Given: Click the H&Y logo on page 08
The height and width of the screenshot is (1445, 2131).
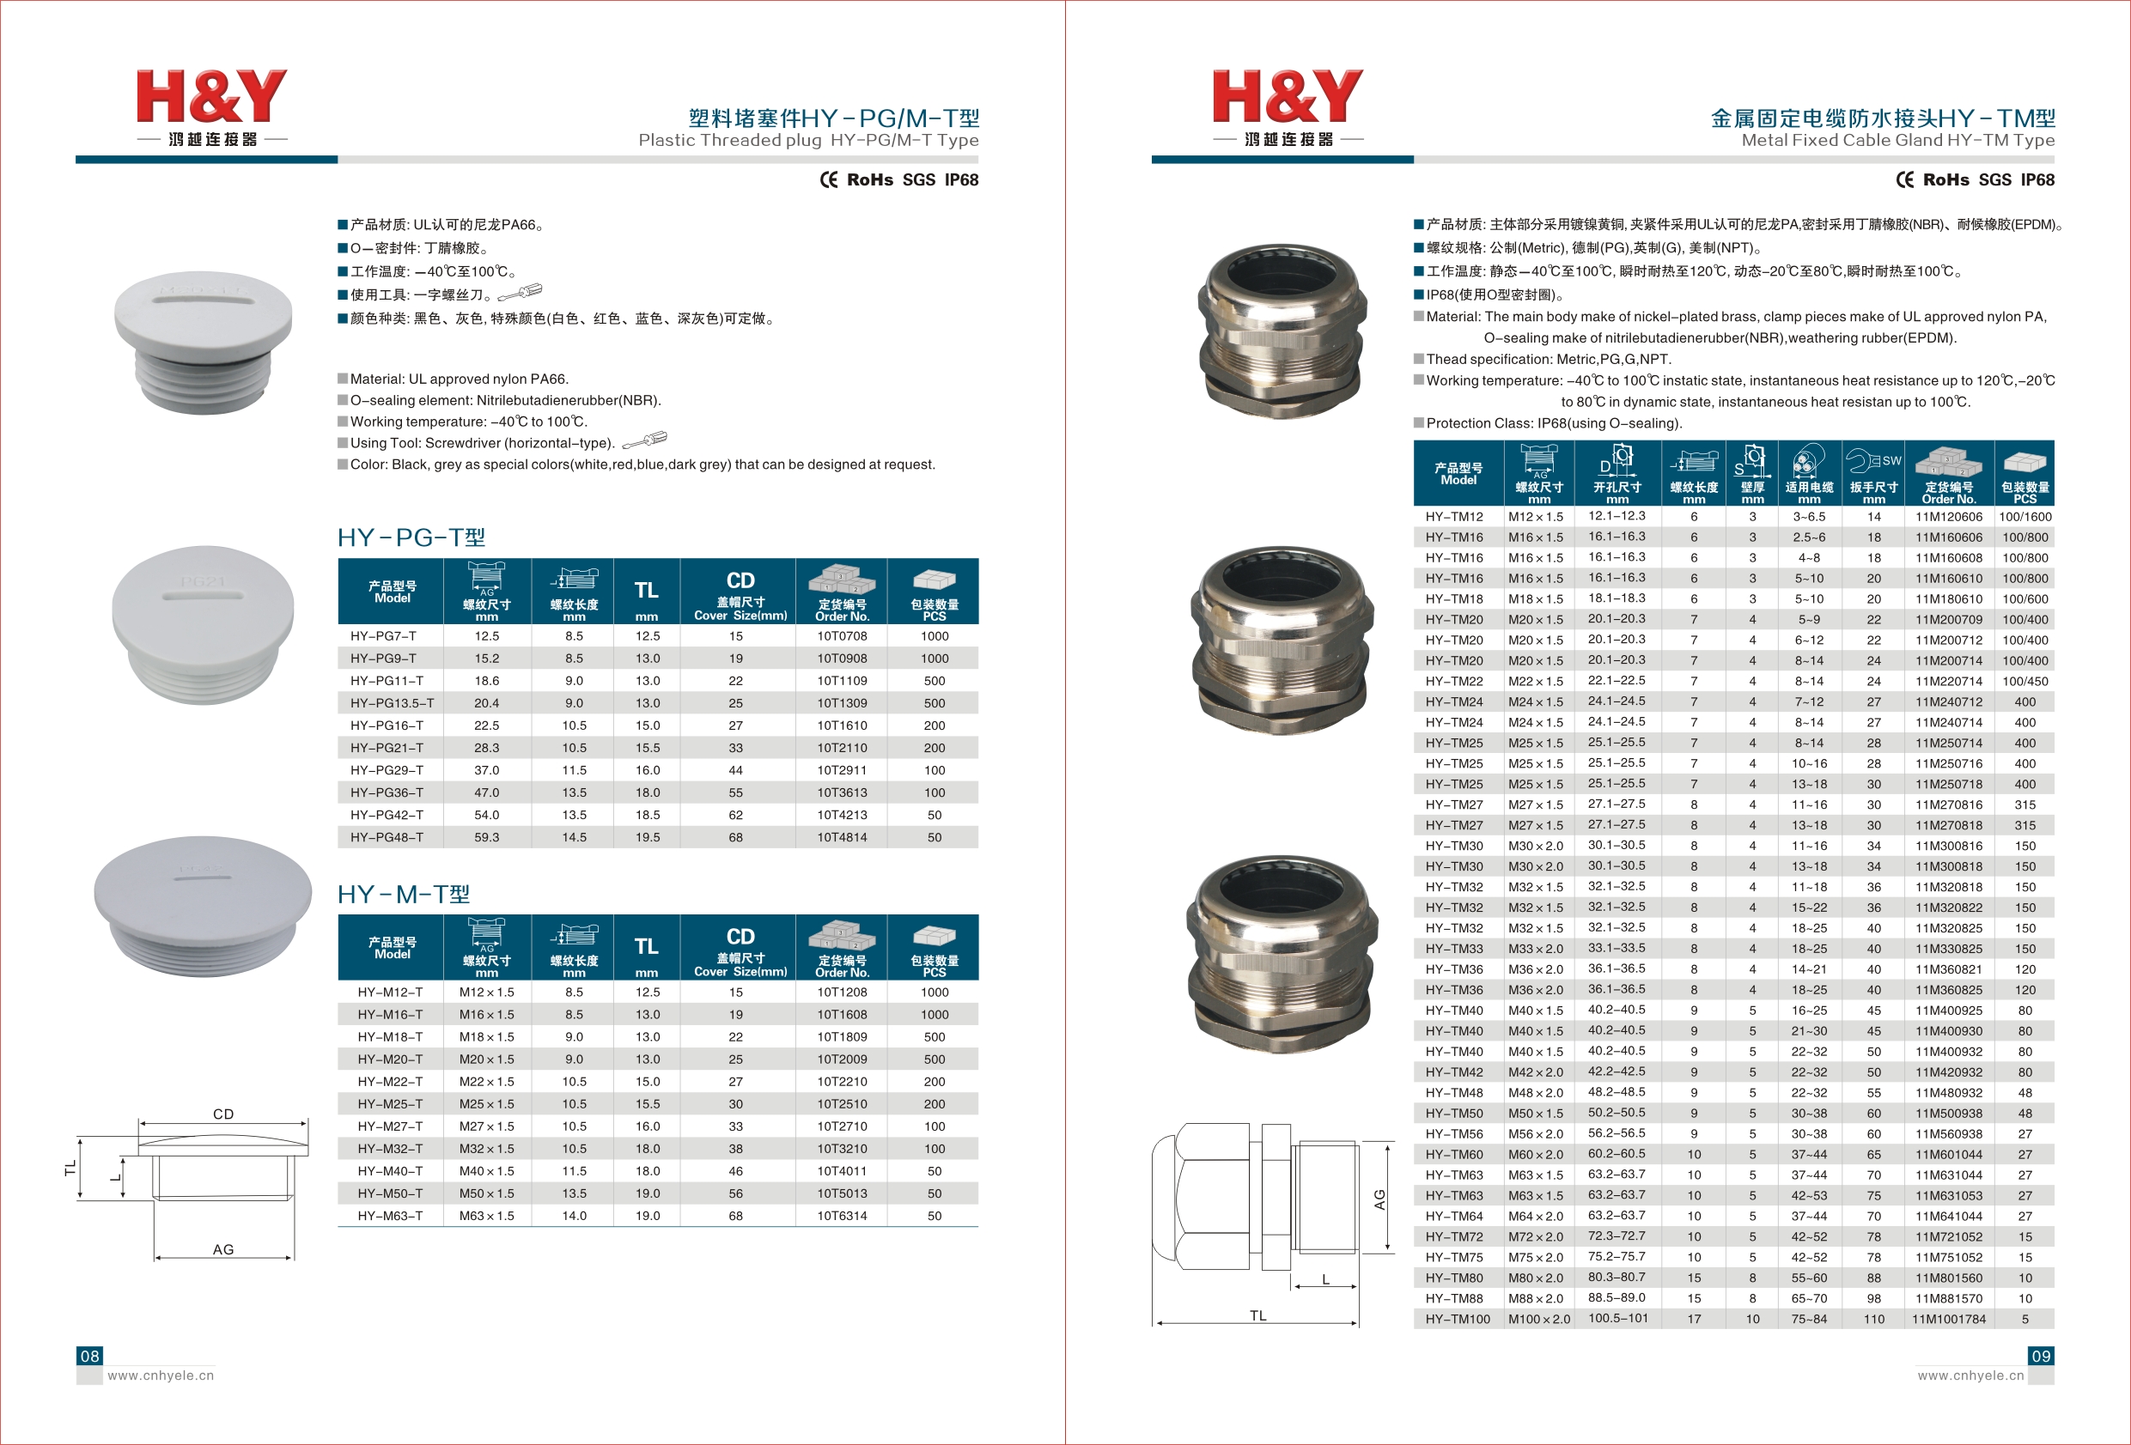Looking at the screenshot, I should click(212, 106).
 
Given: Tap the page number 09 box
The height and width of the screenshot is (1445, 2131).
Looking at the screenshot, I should click(2040, 1355).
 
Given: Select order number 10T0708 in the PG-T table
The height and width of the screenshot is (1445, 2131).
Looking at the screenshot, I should click(842, 635).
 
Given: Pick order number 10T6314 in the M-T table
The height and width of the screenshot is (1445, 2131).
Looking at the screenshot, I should click(842, 1216).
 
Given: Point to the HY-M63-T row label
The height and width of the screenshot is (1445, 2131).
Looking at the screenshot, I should click(390, 1216).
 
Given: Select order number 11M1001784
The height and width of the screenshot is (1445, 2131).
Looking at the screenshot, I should click(1949, 1320).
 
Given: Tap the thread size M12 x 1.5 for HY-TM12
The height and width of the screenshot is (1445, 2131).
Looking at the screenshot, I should click(1535, 517).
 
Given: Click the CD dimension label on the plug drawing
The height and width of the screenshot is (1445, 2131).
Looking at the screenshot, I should click(222, 1114).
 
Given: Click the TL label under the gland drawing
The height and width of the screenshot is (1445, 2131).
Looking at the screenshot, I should click(1257, 1315).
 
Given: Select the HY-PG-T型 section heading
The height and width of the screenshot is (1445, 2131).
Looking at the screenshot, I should click(411, 537).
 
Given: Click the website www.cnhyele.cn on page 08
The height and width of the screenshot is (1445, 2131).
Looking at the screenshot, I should click(161, 1375).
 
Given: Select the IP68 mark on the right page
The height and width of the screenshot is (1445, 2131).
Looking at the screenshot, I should click(2037, 179).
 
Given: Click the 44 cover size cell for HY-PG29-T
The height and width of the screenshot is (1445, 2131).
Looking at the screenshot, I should click(735, 770).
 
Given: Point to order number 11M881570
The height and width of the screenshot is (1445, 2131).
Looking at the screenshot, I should click(1949, 1298).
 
